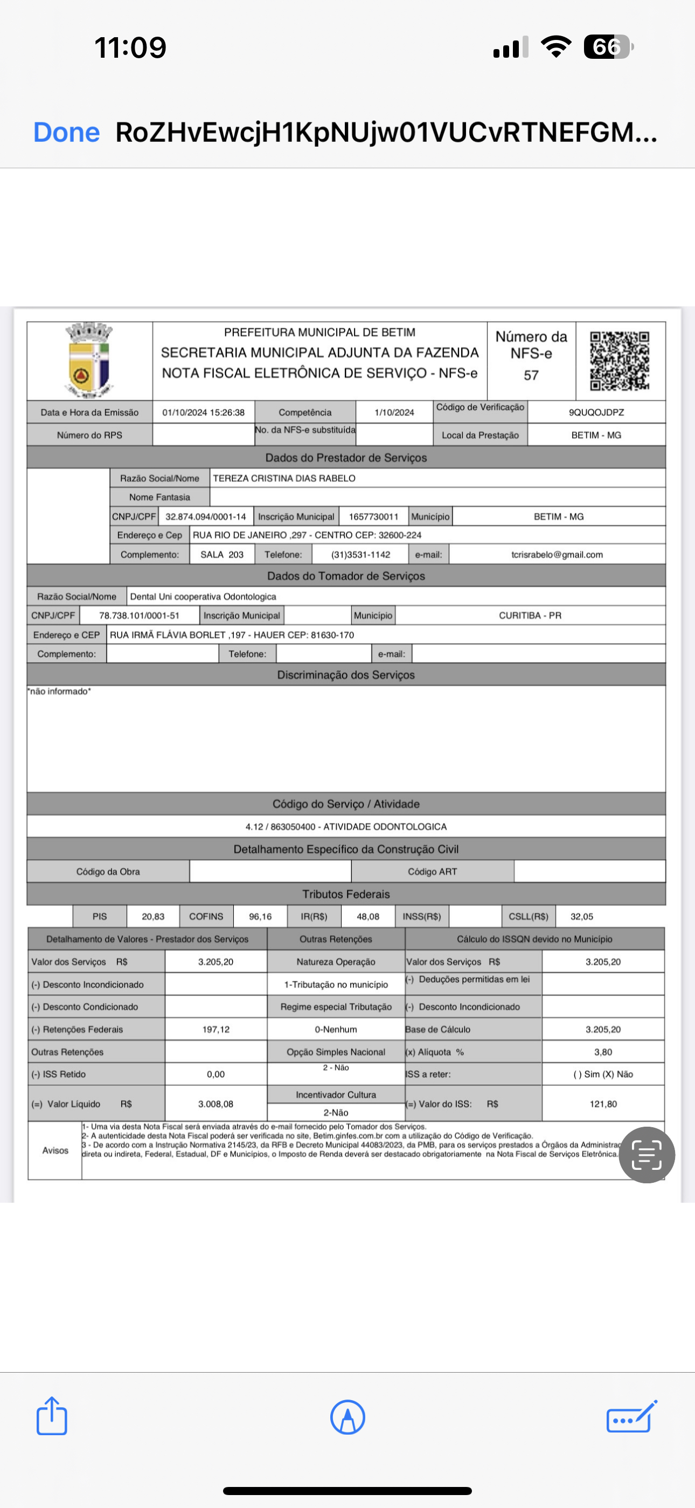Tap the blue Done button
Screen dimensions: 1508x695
[66, 132]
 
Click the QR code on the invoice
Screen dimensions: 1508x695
[620, 361]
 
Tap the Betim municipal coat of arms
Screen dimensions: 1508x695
[89, 359]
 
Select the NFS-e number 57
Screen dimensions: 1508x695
[531, 375]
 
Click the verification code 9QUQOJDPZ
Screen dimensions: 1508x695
[596, 412]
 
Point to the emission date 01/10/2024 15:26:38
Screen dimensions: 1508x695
[204, 412]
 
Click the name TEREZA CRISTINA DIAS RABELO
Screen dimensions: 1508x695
[284, 478]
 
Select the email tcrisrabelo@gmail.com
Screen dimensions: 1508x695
[557, 554]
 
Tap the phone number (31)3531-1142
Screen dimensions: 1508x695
[360, 554]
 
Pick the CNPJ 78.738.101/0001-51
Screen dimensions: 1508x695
[139, 615]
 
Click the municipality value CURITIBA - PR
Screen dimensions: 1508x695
[530, 615]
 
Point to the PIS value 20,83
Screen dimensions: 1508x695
[152, 916]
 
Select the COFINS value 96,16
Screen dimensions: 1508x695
[260, 916]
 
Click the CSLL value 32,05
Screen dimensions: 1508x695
[581, 916]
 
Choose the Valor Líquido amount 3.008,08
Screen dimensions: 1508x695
[216, 1103]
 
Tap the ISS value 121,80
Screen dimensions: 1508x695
[603, 1103]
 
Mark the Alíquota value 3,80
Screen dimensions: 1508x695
[603, 1052]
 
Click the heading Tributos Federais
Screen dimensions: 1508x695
[346, 894]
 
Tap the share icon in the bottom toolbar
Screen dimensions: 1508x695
[52, 1416]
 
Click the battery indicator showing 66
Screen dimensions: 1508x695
[608, 47]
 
